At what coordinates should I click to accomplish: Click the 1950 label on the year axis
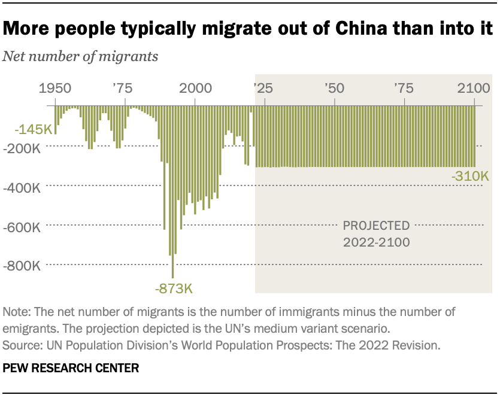[x=54, y=89]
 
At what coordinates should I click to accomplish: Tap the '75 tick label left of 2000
[x=122, y=89]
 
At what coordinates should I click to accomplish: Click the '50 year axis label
[x=333, y=89]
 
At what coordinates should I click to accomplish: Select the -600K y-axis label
[x=22, y=227]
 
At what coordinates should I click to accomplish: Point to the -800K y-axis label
[x=22, y=266]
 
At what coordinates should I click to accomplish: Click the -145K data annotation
[x=28, y=129]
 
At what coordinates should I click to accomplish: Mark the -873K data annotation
[x=174, y=290]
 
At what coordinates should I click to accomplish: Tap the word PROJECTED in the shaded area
[x=376, y=226]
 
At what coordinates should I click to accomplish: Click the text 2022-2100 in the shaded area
[x=376, y=242]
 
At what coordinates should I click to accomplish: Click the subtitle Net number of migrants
[x=80, y=57]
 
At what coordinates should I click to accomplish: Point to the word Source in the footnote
[x=20, y=345]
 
